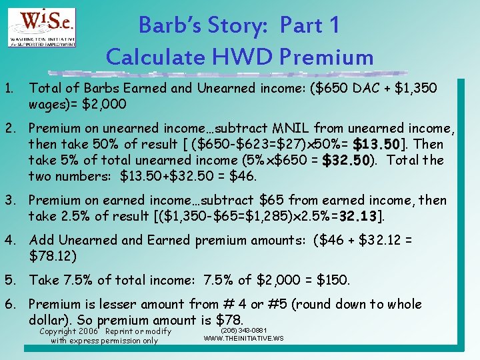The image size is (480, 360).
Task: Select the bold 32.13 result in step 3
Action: click(361, 216)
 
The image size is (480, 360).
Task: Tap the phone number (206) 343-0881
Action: click(243, 330)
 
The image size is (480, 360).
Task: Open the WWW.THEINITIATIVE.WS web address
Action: click(243, 339)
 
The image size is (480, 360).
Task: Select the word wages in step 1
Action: click(47, 104)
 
